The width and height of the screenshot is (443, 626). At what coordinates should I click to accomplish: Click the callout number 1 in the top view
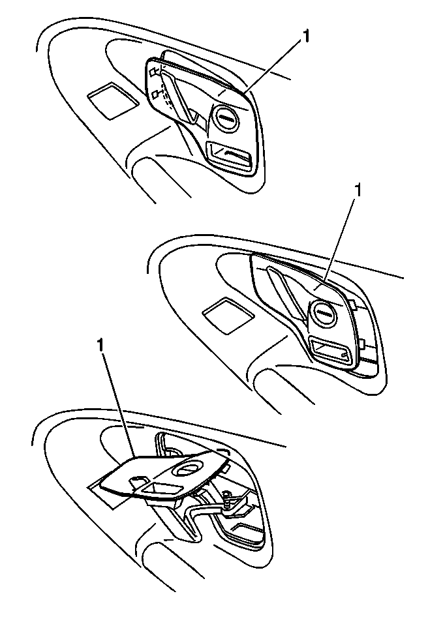305,37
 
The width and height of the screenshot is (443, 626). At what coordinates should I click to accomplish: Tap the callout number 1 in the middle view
358,190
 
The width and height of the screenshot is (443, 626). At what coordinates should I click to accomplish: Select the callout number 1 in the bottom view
100,346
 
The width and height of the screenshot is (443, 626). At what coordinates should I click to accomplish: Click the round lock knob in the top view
226,118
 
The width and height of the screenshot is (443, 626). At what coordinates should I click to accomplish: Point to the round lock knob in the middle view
323,313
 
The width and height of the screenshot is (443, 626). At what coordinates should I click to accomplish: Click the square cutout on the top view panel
113,100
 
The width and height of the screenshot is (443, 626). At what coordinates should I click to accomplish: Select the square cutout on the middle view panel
228,315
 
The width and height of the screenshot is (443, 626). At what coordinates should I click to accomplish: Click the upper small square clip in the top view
153,72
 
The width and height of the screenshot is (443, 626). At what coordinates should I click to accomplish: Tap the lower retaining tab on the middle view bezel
362,343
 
